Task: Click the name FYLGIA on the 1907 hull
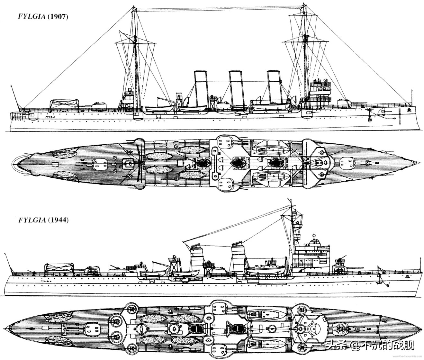pos(49,118)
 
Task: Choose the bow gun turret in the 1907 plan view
pos(347,163)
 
